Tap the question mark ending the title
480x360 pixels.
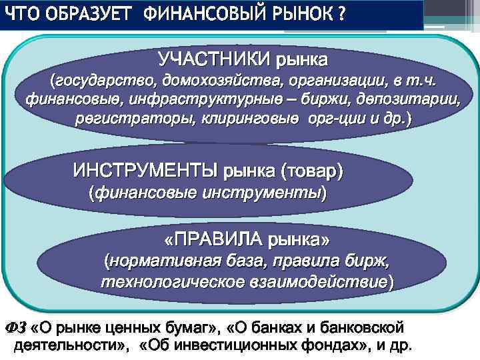click(x=341, y=14)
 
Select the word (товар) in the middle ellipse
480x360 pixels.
click(x=312, y=171)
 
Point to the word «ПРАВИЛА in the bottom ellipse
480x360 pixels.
click(x=214, y=239)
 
